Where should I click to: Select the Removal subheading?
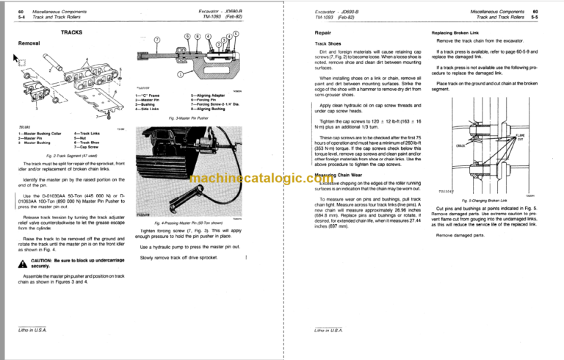(28, 43)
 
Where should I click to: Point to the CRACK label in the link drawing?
(460, 146)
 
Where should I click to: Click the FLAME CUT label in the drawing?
(521, 137)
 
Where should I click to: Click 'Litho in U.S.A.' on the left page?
(31, 333)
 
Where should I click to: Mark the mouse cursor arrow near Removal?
(19, 57)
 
